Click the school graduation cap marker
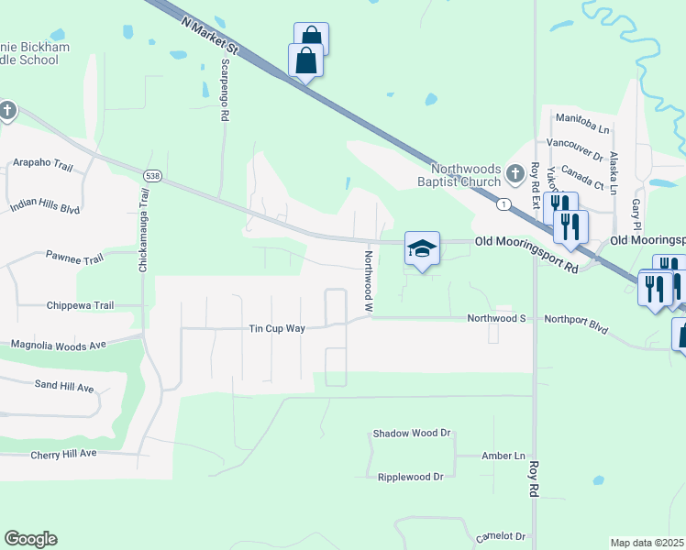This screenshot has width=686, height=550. pos(422,248)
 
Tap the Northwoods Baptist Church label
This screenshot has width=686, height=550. pos(467,175)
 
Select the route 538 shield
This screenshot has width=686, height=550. pos(153,175)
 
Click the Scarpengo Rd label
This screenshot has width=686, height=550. pos(224,92)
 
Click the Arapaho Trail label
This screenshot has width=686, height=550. pos(42,163)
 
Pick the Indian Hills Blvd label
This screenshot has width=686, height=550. pos(45,206)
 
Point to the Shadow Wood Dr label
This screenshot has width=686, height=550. pos(413,433)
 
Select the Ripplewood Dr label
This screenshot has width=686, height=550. pos(410,477)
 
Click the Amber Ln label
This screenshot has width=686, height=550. pos(503,456)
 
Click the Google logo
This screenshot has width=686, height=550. pos(30,539)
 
